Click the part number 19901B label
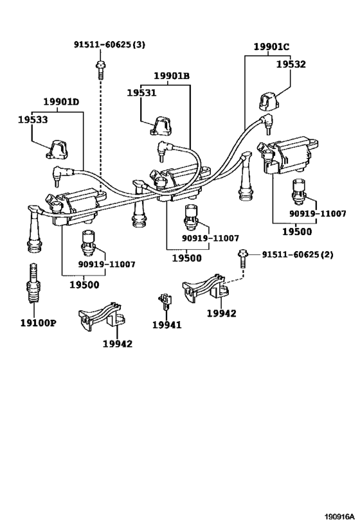tap(172, 76)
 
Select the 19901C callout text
tap(271, 48)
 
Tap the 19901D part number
tap(62, 102)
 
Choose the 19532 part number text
tap(291, 64)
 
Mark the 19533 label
tap(33, 119)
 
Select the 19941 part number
tap(166, 325)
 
